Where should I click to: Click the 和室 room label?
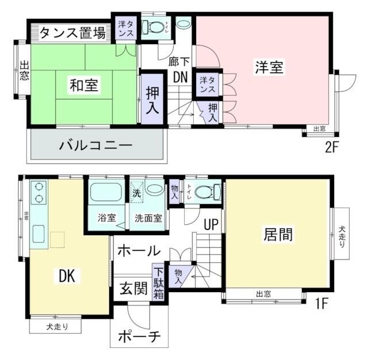point(83,86)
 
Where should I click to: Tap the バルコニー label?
point(96,145)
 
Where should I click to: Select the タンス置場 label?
point(72,33)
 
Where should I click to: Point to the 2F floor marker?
point(332,146)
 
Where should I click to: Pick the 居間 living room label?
point(278,234)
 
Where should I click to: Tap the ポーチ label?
point(138,336)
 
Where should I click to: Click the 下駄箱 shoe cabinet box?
point(159,282)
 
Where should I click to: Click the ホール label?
point(139,250)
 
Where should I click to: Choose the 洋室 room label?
point(269,67)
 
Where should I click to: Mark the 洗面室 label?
point(148,219)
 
